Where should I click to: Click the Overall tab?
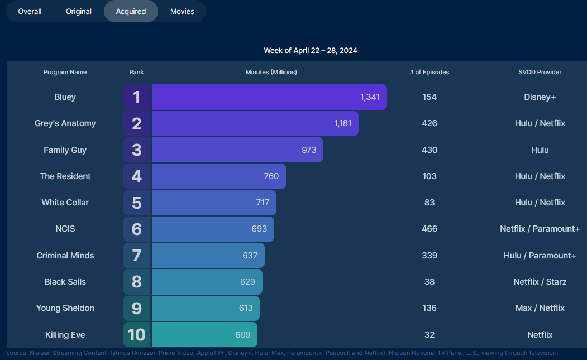30,11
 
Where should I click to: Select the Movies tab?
182,11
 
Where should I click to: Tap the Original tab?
79,11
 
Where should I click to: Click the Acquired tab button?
131,11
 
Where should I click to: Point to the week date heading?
311,50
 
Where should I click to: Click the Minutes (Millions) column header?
271,72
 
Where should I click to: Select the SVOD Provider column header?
540,72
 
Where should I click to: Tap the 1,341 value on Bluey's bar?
370,97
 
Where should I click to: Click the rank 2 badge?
137,123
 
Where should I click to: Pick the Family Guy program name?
65,150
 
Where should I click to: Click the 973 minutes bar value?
309,150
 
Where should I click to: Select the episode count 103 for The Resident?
429,176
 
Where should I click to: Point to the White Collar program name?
65,203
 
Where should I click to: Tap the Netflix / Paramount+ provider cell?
540,229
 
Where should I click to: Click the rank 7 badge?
137,256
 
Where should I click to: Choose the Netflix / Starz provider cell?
540,282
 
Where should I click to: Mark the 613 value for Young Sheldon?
246,308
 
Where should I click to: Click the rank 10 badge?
137,335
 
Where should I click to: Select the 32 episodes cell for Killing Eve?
429,335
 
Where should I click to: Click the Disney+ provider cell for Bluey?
540,97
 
